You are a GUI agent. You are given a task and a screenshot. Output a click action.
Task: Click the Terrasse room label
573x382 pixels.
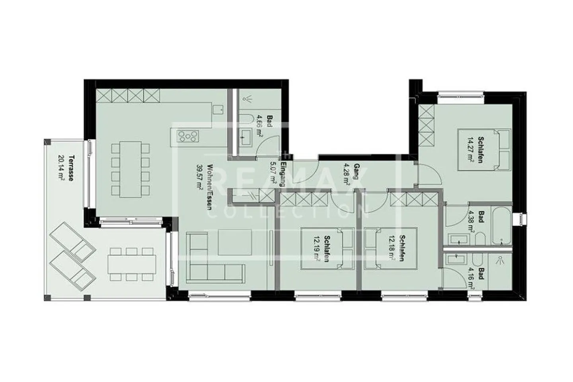coord(70,168)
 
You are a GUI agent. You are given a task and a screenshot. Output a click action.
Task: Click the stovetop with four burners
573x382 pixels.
coord(187,136)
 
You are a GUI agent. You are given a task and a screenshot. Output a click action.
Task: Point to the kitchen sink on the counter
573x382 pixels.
coord(218,109)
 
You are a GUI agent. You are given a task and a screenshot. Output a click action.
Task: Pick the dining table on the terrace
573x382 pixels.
coord(132,262)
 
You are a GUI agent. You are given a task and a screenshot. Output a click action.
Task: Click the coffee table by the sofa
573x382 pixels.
coord(235,242)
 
